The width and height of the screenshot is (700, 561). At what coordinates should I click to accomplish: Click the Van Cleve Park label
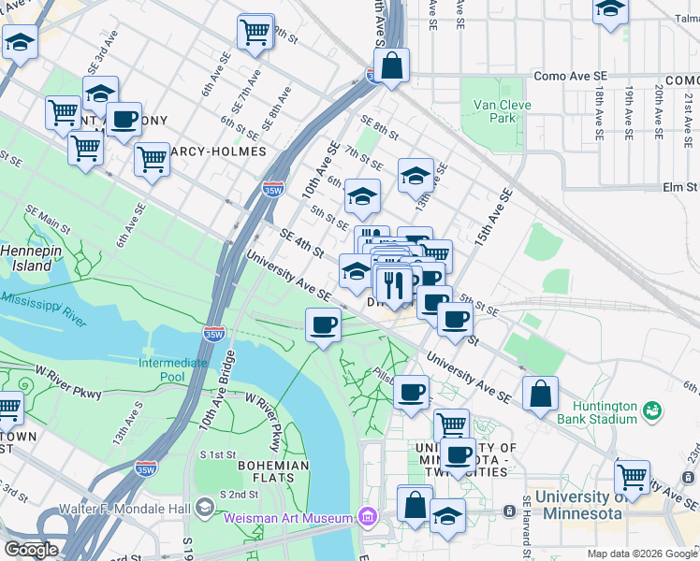(494, 111)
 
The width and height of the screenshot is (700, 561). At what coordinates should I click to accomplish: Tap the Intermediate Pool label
(173, 368)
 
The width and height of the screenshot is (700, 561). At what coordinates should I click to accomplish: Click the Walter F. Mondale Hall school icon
(204, 509)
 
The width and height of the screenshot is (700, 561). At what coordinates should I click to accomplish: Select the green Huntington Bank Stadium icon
(651, 410)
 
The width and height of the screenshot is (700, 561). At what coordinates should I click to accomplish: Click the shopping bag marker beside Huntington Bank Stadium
(541, 394)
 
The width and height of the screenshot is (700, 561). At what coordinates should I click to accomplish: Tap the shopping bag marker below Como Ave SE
(390, 66)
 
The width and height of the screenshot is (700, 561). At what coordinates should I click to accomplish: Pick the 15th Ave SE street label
(493, 218)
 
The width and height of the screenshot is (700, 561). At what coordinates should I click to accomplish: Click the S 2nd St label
(238, 494)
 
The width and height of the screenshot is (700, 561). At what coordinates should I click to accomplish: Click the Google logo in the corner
(30, 550)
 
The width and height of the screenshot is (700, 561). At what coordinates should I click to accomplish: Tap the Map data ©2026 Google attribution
(642, 554)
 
